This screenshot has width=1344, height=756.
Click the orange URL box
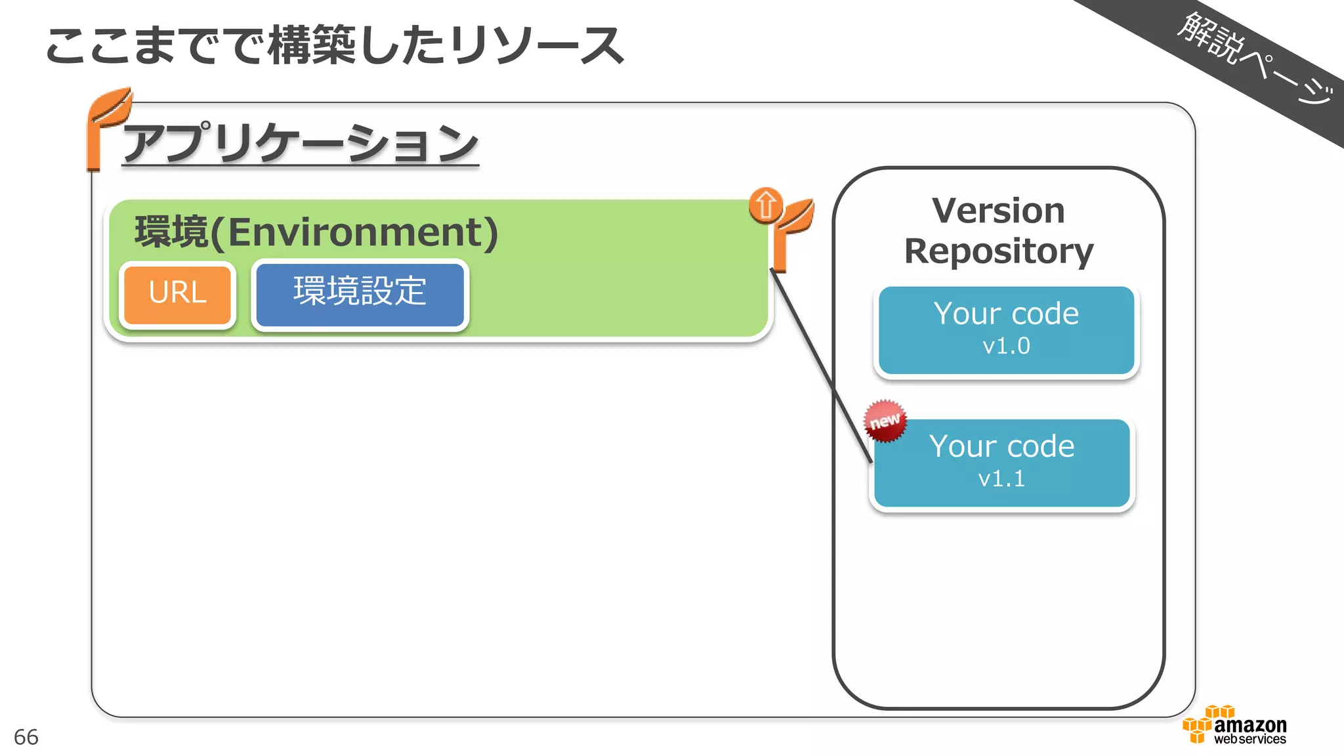click(x=177, y=294)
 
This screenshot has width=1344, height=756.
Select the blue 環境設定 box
click(x=360, y=293)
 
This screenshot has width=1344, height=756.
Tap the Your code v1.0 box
click(x=1006, y=330)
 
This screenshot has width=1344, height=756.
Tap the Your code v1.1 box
click(x=1001, y=463)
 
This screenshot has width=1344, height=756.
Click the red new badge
click(x=885, y=421)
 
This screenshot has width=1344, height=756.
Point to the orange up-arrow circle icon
click(x=765, y=205)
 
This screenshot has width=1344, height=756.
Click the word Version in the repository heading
click(x=998, y=211)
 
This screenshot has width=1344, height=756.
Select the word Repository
click(x=998, y=251)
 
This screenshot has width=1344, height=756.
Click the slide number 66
click(x=26, y=737)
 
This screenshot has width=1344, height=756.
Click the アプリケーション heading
click(x=301, y=143)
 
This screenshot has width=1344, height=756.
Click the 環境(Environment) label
click(x=316, y=232)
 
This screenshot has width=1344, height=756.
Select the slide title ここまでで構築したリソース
click(x=335, y=46)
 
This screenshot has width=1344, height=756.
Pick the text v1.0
click(x=1006, y=346)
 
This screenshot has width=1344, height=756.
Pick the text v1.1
click(x=1001, y=479)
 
